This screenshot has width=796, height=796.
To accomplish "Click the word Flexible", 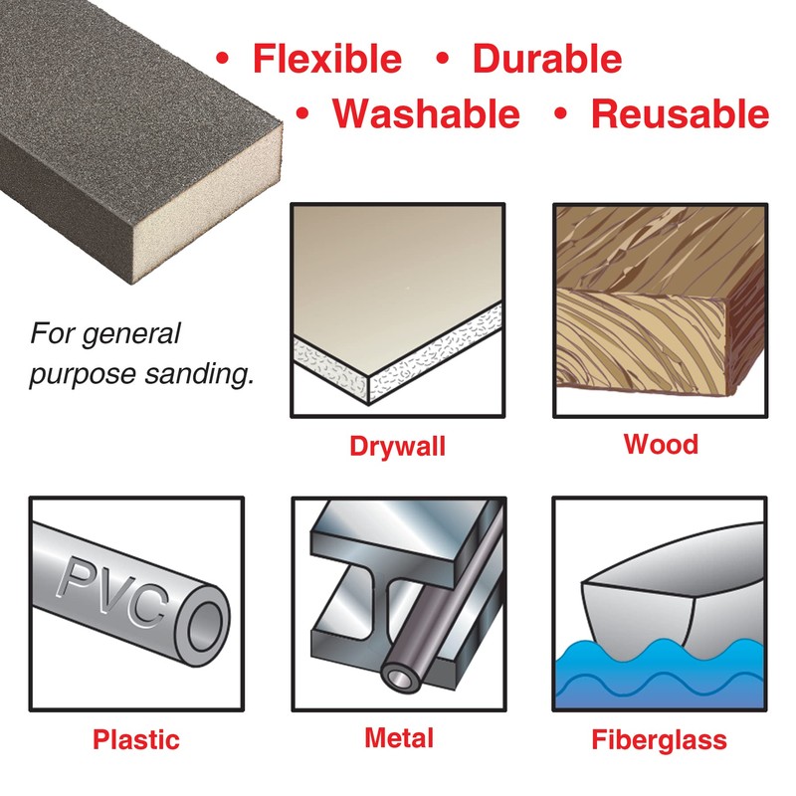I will tap(327, 59).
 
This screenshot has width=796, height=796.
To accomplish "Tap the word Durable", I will tap(547, 59).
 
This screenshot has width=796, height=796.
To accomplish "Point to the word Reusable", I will tap(680, 114).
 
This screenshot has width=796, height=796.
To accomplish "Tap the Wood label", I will tap(661, 443).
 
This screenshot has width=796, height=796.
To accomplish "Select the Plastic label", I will tap(136, 739).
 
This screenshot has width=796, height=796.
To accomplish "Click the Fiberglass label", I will tap(659, 740).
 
